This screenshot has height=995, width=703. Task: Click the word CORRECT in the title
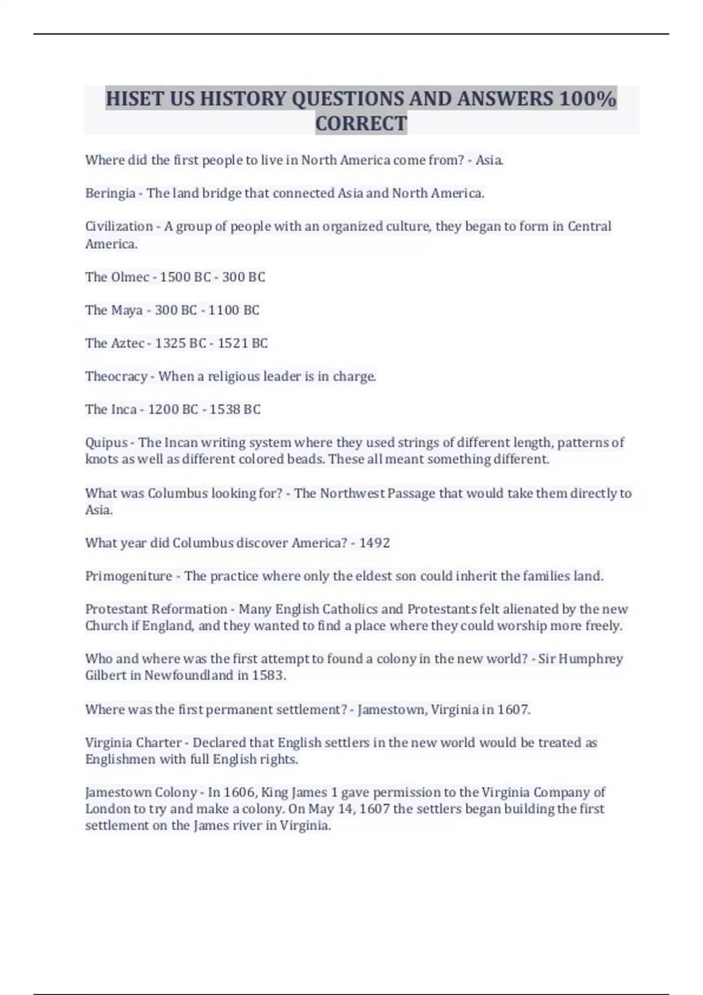(361, 123)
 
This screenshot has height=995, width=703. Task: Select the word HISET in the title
(135, 98)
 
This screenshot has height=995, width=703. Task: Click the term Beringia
(110, 193)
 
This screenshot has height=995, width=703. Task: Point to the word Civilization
(119, 227)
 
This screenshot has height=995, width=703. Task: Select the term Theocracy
(116, 376)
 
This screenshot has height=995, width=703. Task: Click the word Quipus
(106, 442)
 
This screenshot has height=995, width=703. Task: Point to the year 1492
(374, 543)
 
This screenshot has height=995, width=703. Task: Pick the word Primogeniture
(129, 577)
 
